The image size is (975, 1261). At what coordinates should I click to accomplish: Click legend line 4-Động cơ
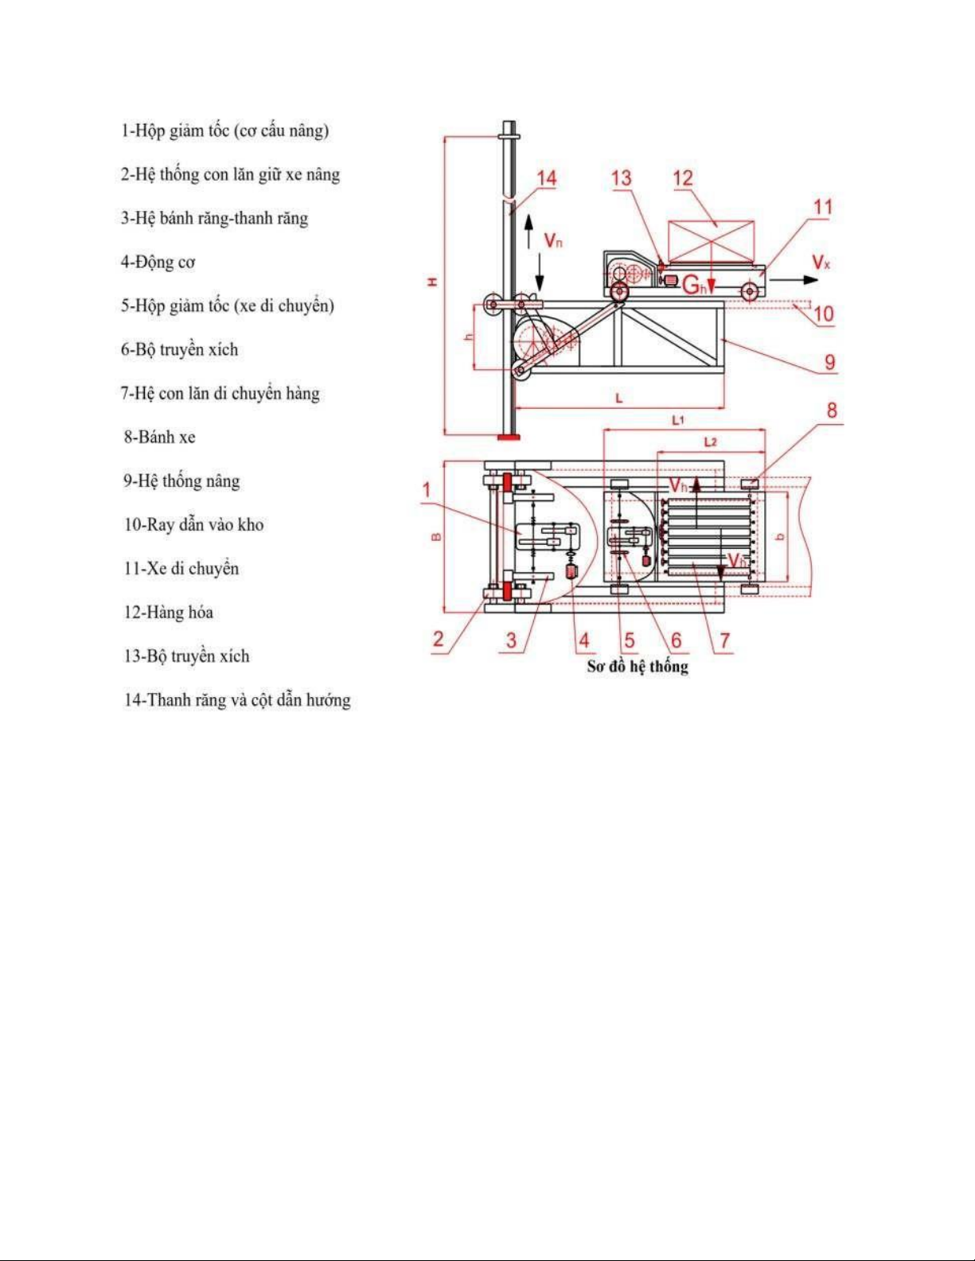click(158, 262)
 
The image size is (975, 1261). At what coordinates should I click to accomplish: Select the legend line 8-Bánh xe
click(159, 437)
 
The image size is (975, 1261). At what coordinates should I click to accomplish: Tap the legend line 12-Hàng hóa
click(168, 612)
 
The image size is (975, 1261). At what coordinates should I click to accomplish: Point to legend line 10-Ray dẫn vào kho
click(193, 524)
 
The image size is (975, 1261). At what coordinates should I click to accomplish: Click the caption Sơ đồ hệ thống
click(638, 667)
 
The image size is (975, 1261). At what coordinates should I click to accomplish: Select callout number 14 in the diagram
click(547, 179)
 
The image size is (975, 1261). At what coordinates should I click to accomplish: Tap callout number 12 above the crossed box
click(683, 178)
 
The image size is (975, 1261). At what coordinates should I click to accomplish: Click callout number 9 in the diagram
click(830, 362)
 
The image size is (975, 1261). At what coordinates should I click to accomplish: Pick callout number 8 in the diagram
click(833, 411)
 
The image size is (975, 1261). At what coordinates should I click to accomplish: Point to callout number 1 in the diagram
click(427, 489)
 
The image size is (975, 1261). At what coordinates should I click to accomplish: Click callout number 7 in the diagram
click(724, 640)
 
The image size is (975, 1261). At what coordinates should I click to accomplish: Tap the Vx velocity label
click(821, 262)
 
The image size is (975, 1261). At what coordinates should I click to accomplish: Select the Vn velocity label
click(552, 239)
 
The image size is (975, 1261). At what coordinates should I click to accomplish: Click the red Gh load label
click(694, 284)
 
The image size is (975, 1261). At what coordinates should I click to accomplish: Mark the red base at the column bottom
click(508, 435)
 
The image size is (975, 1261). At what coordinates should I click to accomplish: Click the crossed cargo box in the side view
click(711, 240)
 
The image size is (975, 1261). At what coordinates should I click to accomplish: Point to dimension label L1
click(677, 419)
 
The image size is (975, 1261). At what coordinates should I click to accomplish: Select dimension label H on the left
click(432, 282)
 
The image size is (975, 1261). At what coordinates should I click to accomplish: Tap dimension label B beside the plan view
click(435, 537)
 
